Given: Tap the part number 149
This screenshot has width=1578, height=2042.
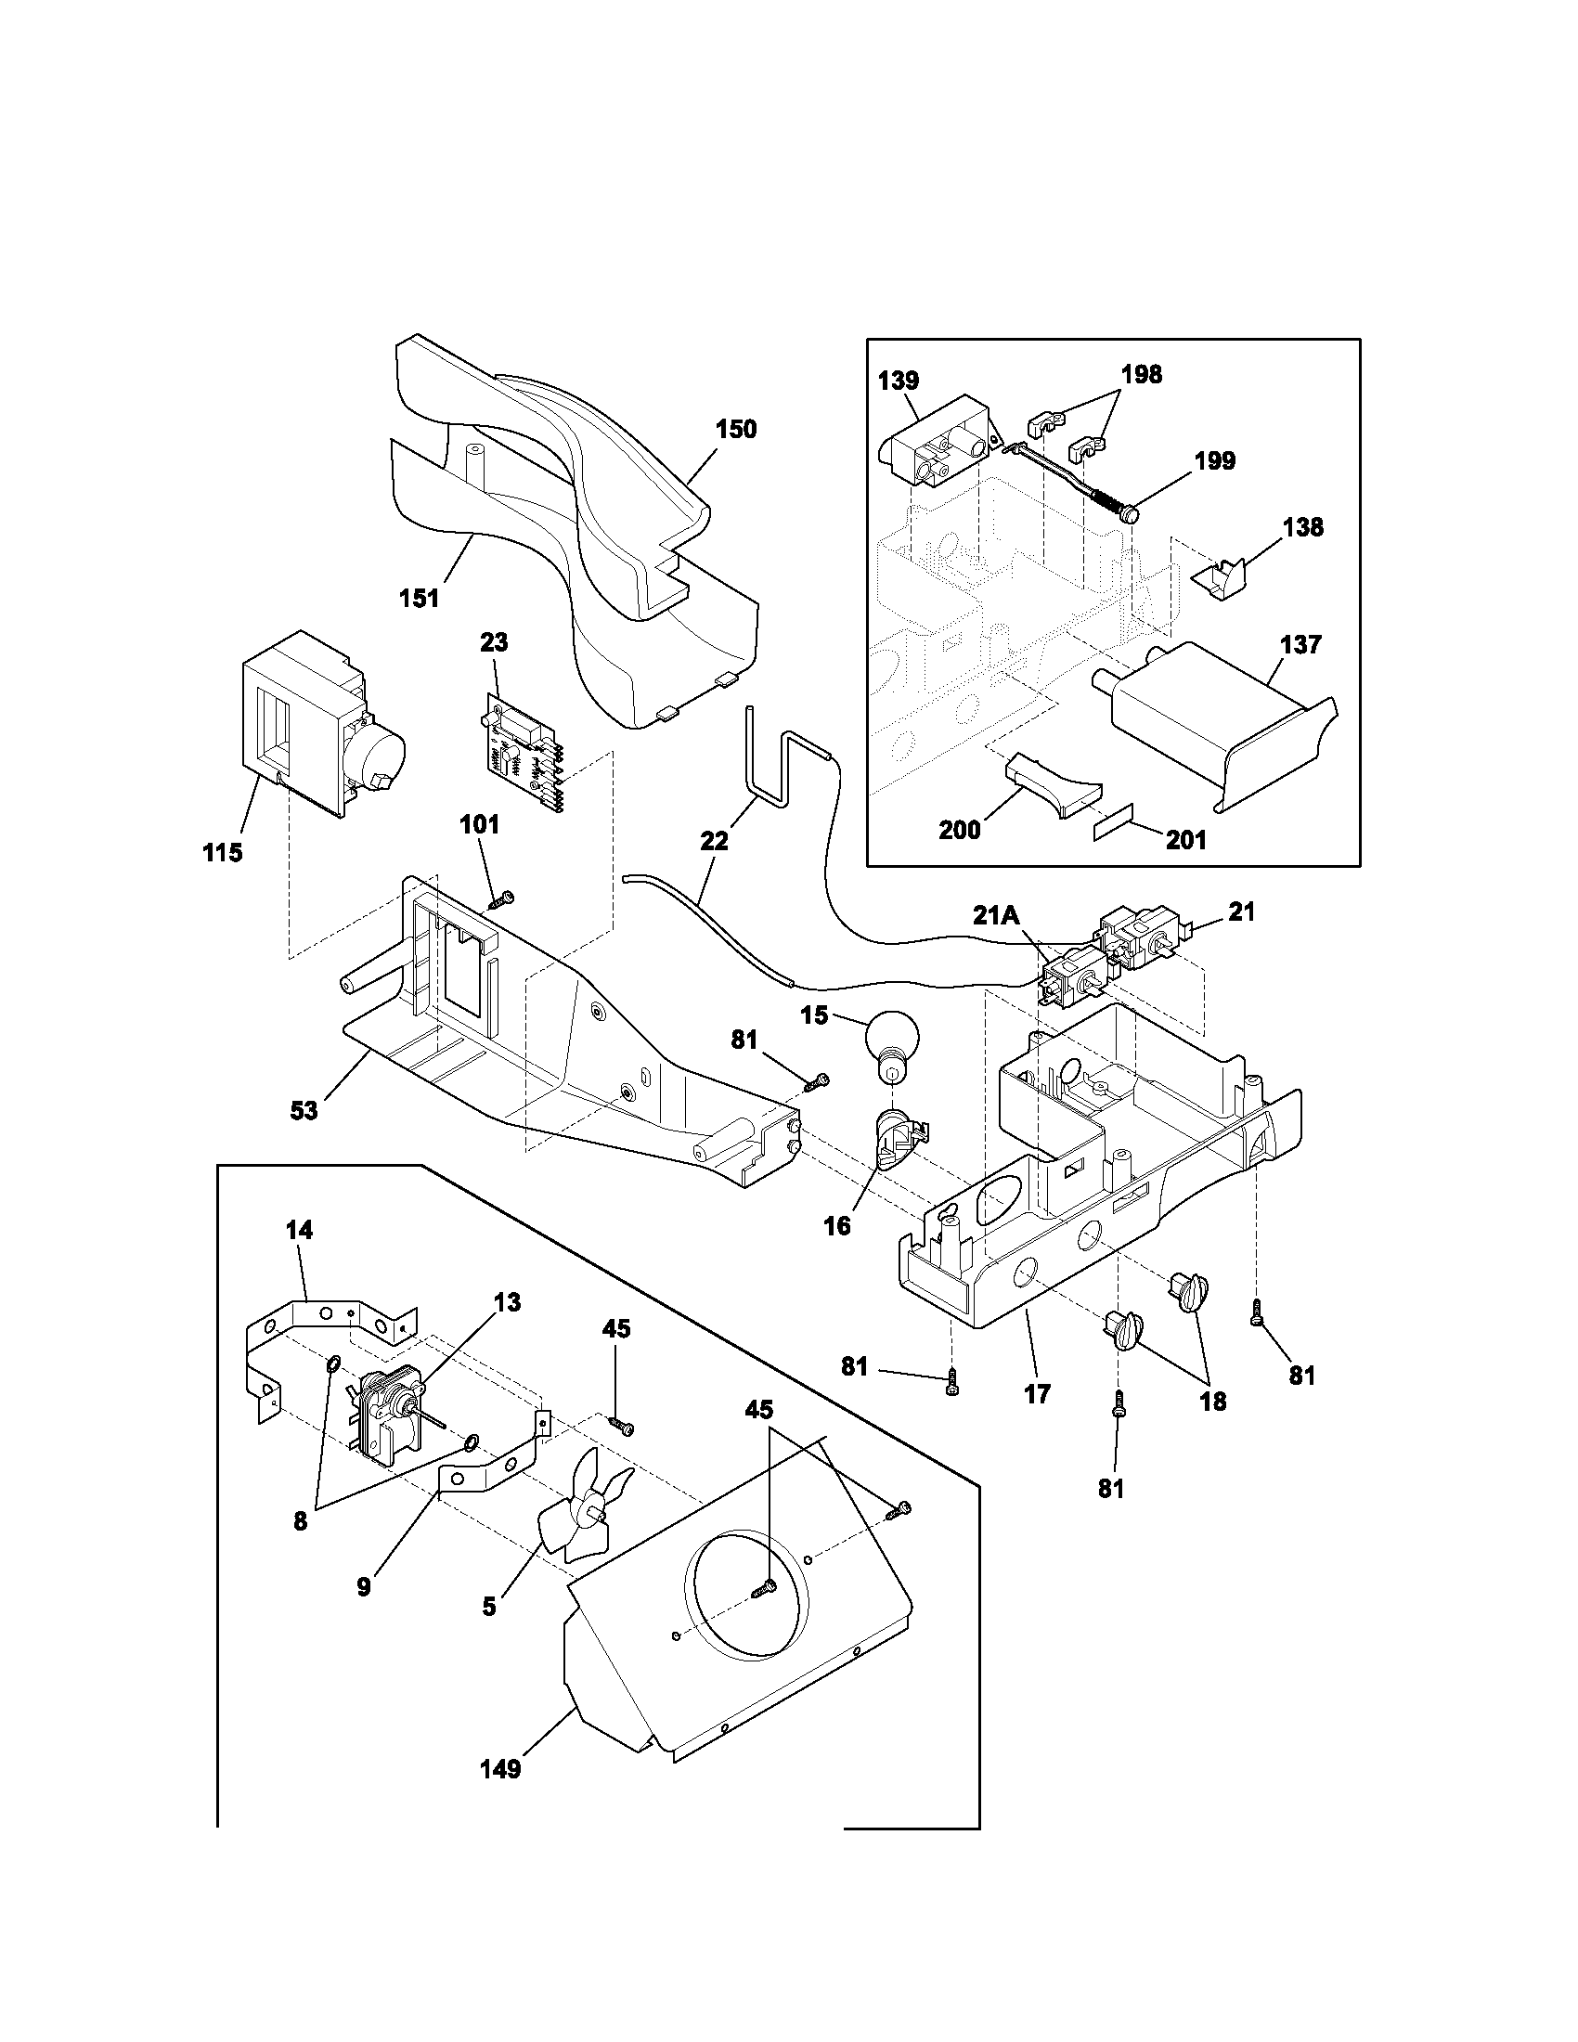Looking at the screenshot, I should pos(500,1770).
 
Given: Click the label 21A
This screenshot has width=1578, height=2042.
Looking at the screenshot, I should pos(996,915).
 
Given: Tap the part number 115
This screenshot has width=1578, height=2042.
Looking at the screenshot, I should pos(223,852).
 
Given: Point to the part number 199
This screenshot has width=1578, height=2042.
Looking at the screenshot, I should pos(1214,461).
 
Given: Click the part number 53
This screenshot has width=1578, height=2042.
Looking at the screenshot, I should pos(304,1110).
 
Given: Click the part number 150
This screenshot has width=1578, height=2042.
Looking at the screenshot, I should pos(736,429).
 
